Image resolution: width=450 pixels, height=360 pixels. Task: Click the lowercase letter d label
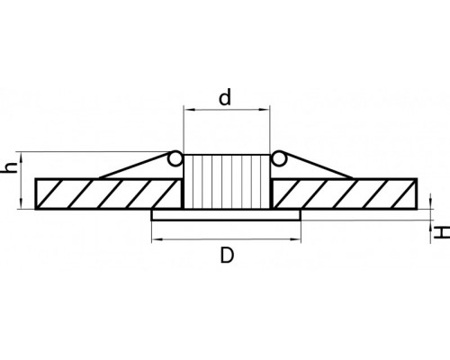[x=225, y=97]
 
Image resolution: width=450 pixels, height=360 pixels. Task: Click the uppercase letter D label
[x=227, y=255]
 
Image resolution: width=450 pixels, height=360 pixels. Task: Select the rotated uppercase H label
[x=442, y=232]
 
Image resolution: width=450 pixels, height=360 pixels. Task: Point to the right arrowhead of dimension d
[x=265, y=110]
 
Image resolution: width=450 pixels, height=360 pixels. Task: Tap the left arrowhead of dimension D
[x=157, y=239]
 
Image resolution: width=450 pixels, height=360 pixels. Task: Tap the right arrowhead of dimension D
[x=295, y=239]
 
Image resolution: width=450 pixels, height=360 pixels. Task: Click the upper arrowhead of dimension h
[x=21, y=157]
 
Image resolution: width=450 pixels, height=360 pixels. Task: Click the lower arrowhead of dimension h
[x=21, y=203]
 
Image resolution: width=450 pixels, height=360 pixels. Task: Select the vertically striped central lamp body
[x=227, y=182]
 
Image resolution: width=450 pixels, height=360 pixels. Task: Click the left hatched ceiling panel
[x=109, y=193]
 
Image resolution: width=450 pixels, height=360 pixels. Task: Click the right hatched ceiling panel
[x=345, y=193]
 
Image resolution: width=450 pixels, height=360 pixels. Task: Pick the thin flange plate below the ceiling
[x=226, y=215]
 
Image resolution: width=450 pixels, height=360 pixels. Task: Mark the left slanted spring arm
[x=134, y=166]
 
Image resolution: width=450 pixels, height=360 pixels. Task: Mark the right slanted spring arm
[x=318, y=166]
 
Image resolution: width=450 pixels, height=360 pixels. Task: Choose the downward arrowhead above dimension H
[x=431, y=204]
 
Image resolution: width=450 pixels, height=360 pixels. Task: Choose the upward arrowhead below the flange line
[x=431, y=225]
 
